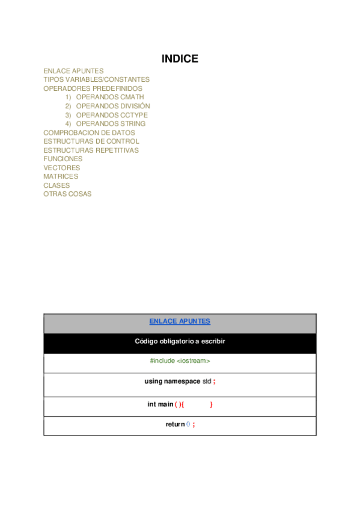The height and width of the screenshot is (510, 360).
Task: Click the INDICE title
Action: click(180, 59)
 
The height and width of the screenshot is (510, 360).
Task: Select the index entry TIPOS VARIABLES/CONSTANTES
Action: click(96, 79)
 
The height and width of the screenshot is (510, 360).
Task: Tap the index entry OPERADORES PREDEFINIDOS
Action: click(93, 88)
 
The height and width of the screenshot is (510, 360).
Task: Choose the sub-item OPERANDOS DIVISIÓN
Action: click(113, 106)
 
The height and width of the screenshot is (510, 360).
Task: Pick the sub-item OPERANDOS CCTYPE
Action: click(111, 115)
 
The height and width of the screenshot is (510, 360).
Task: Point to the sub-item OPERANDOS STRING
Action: click(111, 124)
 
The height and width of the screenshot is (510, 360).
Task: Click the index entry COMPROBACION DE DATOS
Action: click(89, 133)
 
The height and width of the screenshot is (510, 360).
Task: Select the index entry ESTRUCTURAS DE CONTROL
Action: click(91, 141)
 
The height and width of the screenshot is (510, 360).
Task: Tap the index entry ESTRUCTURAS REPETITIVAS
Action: click(91, 150)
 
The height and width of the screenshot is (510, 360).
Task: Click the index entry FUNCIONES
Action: click(63, 159)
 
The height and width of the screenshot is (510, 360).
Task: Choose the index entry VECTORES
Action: click(61, 168)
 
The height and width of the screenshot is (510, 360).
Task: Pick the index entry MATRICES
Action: click(61, 177)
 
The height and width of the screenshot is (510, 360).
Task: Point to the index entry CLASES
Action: click(56, 185)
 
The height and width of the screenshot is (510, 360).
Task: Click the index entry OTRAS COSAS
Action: click(67, 194)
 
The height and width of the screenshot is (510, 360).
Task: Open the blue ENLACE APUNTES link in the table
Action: click(180, 321)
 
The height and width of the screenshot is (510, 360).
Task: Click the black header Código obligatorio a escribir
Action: click(180, 341)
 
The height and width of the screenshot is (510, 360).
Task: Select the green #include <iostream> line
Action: click(180, 361)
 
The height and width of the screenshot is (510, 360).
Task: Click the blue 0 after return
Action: click(188, 425)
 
